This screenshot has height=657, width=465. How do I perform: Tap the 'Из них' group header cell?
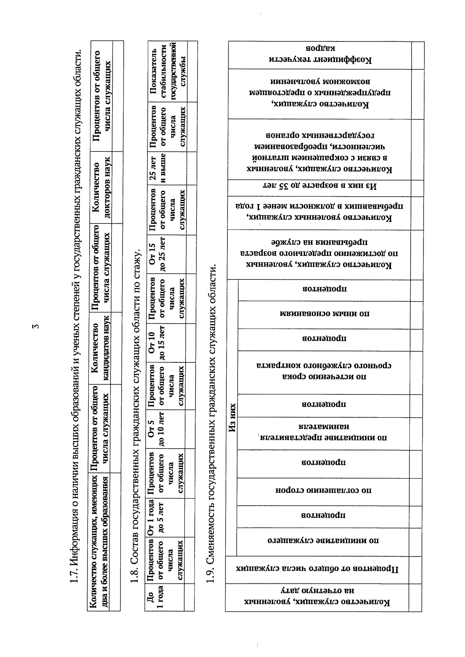tap(232, 418)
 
